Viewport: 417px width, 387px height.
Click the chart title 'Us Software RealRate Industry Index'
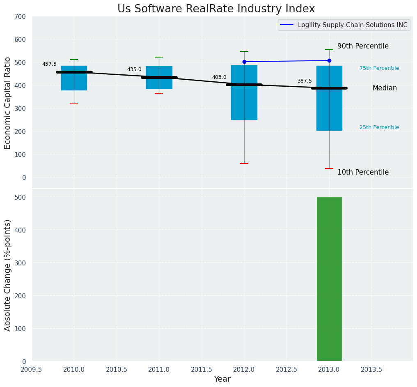click(x=216, y=9)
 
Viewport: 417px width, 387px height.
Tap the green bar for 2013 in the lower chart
click(x=329, y=279)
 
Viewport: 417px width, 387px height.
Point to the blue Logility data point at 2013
click(x=329, y=60)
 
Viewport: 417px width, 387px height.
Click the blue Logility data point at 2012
click(x=244, y=62)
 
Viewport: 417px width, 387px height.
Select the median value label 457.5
click(x=49, y=64)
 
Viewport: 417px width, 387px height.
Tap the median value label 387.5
click(x=305, y=81)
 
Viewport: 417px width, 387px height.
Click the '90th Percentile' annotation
click(x=363, y=46)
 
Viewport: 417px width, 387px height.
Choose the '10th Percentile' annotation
click(x=363, y=173)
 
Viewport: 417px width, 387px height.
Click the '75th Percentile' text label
click(x=379, y=68)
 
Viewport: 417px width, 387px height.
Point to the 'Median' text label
click(x=385, y=88)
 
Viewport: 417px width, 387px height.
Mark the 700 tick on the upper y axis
click(x=20, y=17)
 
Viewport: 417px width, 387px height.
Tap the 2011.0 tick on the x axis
click(x=159, y=369)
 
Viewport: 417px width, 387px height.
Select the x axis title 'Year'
click(x=222, y=379)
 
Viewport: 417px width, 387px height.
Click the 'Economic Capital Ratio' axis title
click(x=8, y=103)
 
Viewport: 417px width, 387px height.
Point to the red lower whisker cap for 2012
click(x=244, y=164)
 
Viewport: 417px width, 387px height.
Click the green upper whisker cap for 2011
click(x=159, y=57)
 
